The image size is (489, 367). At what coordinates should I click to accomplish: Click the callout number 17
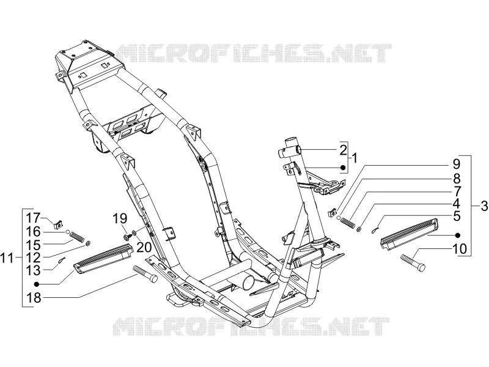point(33,218)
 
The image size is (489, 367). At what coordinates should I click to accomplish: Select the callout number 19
point(120,218)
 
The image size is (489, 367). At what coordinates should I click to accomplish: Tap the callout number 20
point(144,247)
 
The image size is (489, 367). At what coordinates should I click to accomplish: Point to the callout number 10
point(460,249)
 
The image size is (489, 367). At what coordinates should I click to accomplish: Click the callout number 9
point(456,164)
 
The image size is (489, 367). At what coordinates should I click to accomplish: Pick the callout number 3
point(484,206)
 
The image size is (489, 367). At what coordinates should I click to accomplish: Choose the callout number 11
point(7,258)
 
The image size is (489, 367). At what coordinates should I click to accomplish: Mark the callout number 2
point(343,150)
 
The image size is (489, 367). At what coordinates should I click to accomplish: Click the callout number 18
point(34,297)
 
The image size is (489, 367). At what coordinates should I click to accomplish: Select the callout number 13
point(33,270)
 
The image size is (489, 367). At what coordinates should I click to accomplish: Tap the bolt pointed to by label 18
point(145,274)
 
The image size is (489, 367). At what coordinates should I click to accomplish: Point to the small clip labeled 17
point(58,223)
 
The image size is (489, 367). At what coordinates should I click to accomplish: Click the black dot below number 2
point(343,168)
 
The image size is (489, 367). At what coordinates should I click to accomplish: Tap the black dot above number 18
point(37,284)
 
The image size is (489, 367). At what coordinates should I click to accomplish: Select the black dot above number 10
point(458,235)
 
